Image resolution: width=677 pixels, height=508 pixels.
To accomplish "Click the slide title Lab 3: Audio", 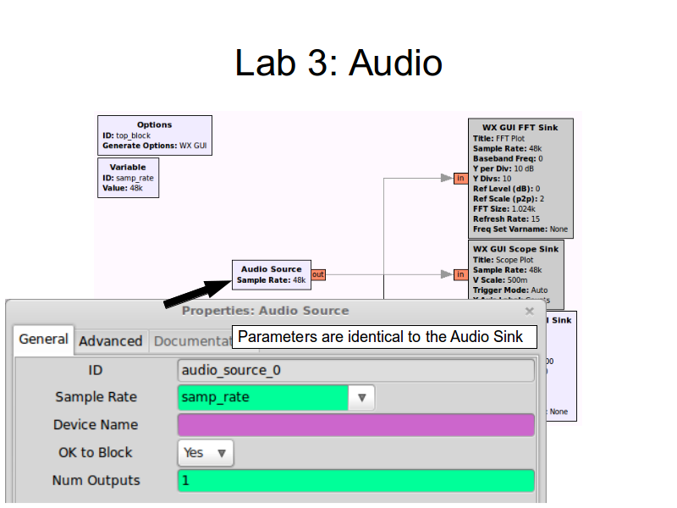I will [338, 63].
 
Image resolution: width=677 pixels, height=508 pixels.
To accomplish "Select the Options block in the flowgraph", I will [154, 135].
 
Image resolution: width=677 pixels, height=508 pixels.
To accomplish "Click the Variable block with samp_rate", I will [128, 178].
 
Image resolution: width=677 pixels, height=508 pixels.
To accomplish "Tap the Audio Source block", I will [271, 274].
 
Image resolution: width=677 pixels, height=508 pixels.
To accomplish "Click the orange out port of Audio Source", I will [318, 274].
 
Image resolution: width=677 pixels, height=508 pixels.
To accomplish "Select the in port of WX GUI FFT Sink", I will [460, 178].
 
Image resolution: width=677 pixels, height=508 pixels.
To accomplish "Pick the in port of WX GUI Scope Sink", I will [460, 274].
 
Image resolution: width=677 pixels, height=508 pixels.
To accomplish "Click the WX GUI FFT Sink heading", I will [520, 128].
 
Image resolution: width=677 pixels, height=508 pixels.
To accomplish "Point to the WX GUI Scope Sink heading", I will [515, 249].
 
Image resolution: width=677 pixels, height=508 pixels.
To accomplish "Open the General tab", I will [44, 340].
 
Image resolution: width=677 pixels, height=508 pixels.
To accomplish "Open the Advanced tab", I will [110, 341].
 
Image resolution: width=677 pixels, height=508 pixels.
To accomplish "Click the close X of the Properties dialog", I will [530, 311].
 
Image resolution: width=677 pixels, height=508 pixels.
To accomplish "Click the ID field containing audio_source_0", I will [356, 370].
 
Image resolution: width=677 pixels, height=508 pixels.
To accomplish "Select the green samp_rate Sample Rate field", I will [263, 397].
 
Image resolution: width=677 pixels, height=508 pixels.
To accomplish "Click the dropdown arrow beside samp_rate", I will [361, 397].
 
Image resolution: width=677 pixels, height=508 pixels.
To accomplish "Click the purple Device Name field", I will [356, 425].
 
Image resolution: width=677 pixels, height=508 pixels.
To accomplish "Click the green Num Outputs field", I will [356, 481].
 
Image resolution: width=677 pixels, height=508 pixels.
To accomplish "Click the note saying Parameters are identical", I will [386, 337].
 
